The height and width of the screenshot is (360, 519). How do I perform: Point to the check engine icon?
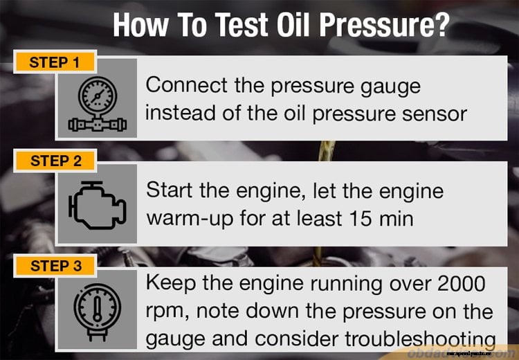pyautogui.click(x=98, y=206)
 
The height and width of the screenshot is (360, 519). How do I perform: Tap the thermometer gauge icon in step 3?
pyautogui.click(x=97, y=309)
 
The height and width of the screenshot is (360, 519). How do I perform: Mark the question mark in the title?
pyautogui.click(x=439, y=26)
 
